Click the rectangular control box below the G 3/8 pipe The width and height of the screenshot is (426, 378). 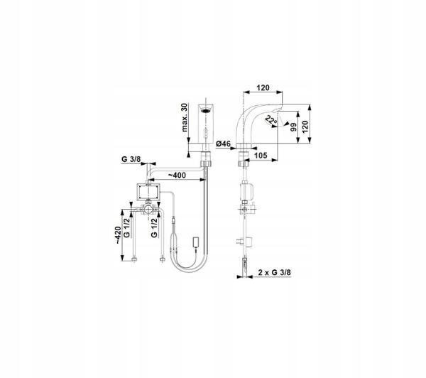[x=148, y=190]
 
